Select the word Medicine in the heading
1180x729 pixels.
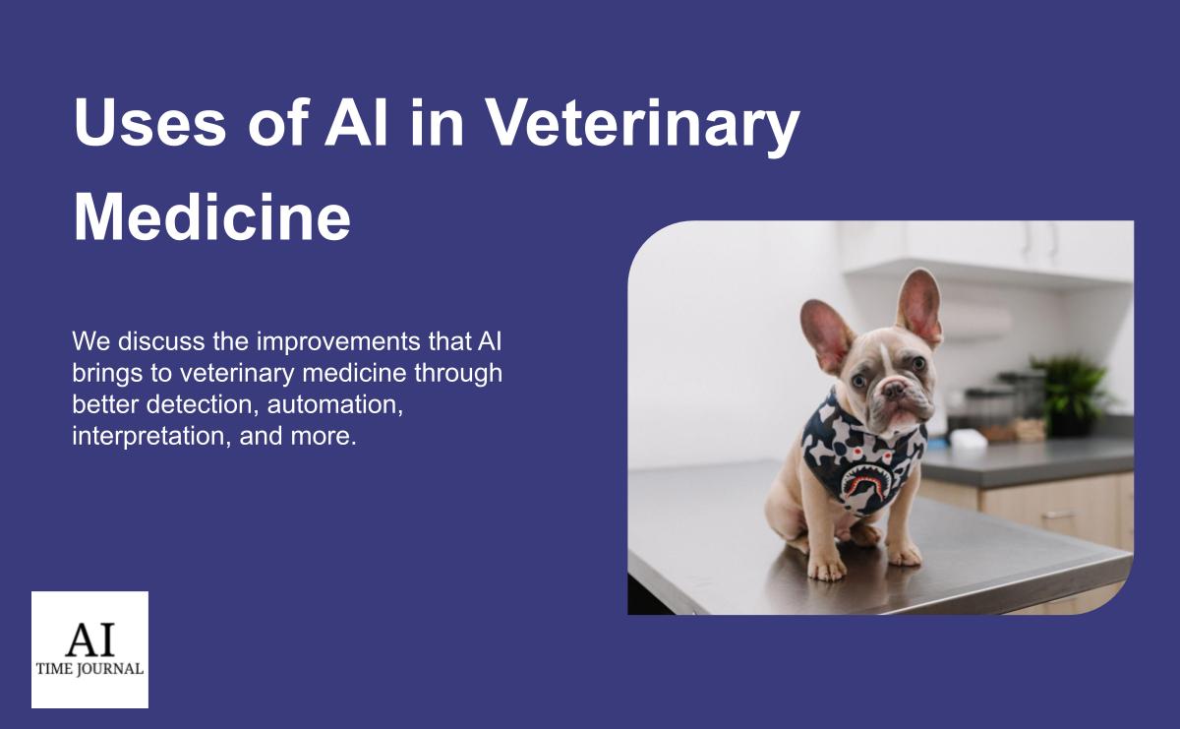[211, 216]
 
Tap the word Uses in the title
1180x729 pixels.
[149, 122]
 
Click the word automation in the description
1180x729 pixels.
[335, 404]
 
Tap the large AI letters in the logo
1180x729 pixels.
[90, 638]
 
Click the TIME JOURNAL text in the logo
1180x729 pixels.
[89, 669]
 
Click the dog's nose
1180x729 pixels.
[894, 390]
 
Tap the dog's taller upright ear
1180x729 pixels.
[919, 306]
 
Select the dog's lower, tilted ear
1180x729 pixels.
[825, 335]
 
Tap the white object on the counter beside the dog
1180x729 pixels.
[968, 439]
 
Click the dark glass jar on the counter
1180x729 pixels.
[989, 409]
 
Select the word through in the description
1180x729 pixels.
[458, 374]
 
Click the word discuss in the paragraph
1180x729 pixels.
[161, 342]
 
